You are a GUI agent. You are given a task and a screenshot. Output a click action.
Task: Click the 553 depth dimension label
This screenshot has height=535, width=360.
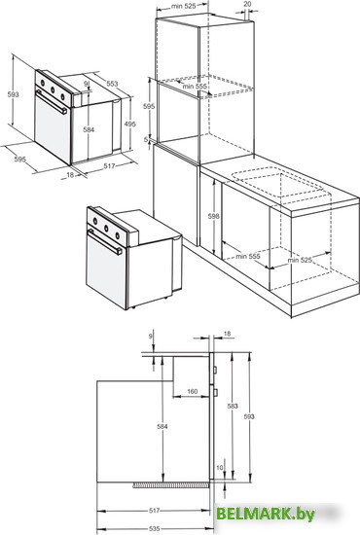tap(112, 84)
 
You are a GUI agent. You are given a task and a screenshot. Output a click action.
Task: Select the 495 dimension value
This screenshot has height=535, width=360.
tap(129, 125)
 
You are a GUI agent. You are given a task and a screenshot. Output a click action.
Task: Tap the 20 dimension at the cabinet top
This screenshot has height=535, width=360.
tap(248, 4)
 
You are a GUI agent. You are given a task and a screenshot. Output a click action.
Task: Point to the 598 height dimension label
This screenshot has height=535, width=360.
tap(213, 216)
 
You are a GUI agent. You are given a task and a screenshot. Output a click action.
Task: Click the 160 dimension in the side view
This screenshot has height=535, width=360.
tap(192, 391)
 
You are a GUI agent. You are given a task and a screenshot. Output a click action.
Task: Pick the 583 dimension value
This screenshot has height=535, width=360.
tap(233, 406)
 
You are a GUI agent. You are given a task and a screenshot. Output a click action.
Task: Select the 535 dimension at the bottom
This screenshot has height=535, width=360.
tap(155, 528)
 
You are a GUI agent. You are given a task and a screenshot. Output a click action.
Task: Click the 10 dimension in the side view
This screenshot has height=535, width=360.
tap(220, 468)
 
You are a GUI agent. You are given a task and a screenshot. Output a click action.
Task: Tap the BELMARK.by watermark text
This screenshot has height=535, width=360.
tap(266, 514)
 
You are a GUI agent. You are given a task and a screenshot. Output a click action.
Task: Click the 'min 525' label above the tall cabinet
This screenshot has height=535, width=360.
tap(184, 6)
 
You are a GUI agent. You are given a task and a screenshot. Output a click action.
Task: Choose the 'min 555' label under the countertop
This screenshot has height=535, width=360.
tap(248, 256)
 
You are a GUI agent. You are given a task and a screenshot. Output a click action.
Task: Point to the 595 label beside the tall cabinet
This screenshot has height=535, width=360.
tap(149, 106)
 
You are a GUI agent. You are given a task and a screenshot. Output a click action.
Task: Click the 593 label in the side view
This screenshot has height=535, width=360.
tap(249, 416)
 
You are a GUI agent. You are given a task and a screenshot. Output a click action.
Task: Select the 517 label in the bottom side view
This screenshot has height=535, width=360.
tap(155, 511)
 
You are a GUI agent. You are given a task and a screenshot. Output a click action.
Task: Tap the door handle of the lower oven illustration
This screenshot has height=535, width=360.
tap(105, 242)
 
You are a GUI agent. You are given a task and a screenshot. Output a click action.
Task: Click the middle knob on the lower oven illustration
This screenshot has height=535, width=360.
tap(106, 229)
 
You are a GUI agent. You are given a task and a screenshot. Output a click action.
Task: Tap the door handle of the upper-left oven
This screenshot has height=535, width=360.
tap(52, 102)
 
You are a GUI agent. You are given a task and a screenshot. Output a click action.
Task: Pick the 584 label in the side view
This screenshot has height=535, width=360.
tap(162, 426)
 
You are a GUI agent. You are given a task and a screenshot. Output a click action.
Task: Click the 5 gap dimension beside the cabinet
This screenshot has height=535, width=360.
tap(146, 139)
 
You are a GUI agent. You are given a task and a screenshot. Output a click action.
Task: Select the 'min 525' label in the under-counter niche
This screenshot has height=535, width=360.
tap(300, 260)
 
